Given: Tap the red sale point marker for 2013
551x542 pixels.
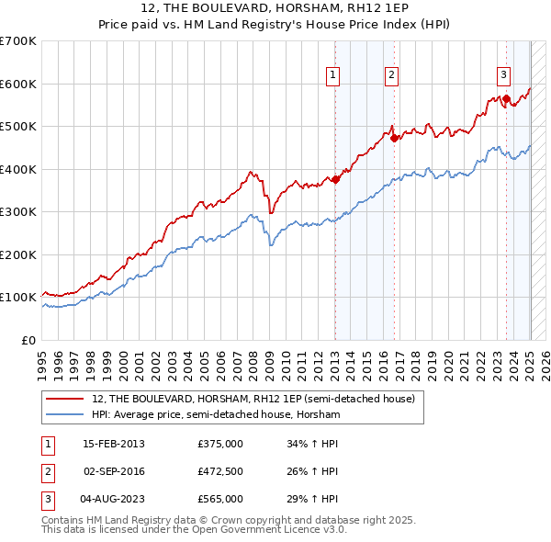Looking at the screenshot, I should (335, 179).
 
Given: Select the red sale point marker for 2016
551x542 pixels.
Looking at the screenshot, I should (394, 138).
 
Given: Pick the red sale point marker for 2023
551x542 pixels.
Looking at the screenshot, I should (506, 98).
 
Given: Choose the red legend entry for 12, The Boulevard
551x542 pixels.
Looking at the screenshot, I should (253, 399).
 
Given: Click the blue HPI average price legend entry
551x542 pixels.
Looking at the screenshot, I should (216, 415).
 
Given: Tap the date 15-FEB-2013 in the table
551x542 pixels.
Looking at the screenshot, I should (113, 444).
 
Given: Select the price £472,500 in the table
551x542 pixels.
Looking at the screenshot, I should (220, 471).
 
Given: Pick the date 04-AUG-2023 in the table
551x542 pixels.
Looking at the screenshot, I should (113, 499).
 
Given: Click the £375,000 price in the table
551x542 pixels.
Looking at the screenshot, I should (220, 444).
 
